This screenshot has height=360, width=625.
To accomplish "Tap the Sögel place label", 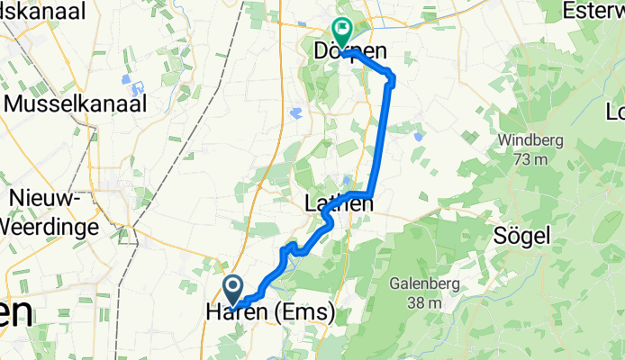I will (521, 235).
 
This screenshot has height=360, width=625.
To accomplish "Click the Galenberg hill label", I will (424, 284).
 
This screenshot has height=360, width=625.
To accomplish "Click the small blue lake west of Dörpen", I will (296, 112).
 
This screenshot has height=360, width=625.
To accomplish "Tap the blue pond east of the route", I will (419, 137).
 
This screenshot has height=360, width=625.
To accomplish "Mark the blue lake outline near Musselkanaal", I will (138, 89).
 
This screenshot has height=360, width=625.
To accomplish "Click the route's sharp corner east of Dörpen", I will (393, 76).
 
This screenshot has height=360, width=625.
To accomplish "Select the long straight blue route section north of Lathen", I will (382, 135).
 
